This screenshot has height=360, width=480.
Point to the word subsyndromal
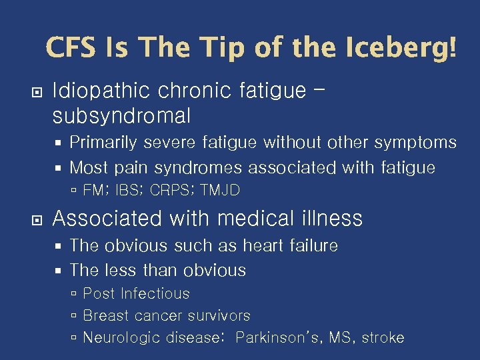tap(121, 116)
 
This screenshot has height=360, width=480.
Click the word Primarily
tap(103, 143)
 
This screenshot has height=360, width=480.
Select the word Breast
tap(105, 315)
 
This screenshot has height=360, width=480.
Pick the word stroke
tap(383, 337)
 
